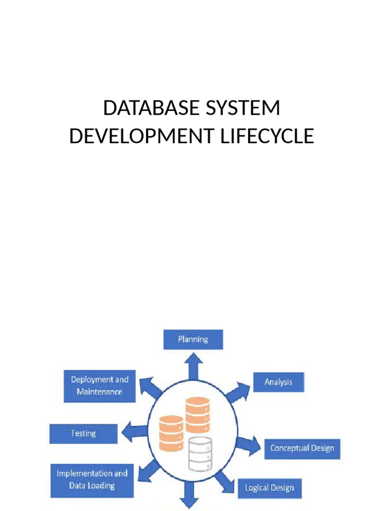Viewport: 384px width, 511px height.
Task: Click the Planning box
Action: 193,339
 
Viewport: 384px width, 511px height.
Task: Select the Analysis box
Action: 278,382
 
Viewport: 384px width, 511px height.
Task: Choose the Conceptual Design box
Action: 302,448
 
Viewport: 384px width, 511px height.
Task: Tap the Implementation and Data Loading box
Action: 92,480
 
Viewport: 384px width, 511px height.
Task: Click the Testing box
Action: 83,433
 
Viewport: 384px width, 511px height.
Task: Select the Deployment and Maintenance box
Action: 99,386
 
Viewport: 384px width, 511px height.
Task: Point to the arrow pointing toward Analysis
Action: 237,392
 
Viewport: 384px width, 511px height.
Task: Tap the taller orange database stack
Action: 197,415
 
